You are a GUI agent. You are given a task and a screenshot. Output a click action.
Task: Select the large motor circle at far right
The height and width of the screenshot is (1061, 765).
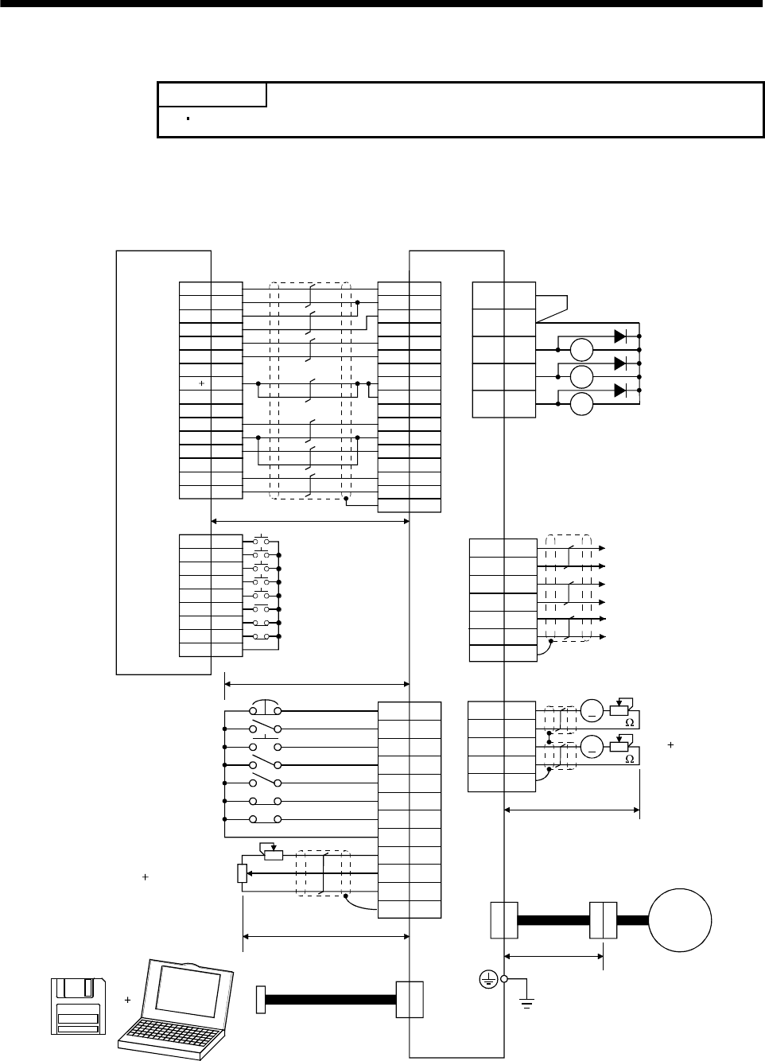681,920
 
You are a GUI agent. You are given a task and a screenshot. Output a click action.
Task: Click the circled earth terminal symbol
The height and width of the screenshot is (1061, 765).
487,980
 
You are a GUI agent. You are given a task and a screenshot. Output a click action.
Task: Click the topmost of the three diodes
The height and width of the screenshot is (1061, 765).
620,335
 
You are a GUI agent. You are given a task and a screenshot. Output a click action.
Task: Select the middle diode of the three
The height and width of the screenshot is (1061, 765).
620,363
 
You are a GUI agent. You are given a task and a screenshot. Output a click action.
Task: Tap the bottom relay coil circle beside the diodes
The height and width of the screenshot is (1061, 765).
582,404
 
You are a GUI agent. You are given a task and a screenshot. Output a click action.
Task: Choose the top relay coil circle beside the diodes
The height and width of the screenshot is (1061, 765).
582,349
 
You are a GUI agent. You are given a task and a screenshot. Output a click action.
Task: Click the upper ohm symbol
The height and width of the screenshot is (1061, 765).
629,722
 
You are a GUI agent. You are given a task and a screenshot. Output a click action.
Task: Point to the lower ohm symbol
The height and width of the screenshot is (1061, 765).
629,759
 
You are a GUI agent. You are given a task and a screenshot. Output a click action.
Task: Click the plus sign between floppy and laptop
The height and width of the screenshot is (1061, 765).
127,999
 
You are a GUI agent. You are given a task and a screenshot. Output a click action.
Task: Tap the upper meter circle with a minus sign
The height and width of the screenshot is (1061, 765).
592,709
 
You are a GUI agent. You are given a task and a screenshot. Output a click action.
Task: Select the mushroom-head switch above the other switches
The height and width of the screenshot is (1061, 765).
264,708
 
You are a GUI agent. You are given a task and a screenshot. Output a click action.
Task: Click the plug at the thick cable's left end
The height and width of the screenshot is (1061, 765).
261,999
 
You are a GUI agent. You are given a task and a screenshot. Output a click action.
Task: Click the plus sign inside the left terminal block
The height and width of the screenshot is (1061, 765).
202,383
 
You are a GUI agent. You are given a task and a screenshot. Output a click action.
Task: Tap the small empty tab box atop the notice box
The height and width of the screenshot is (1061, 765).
212,95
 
